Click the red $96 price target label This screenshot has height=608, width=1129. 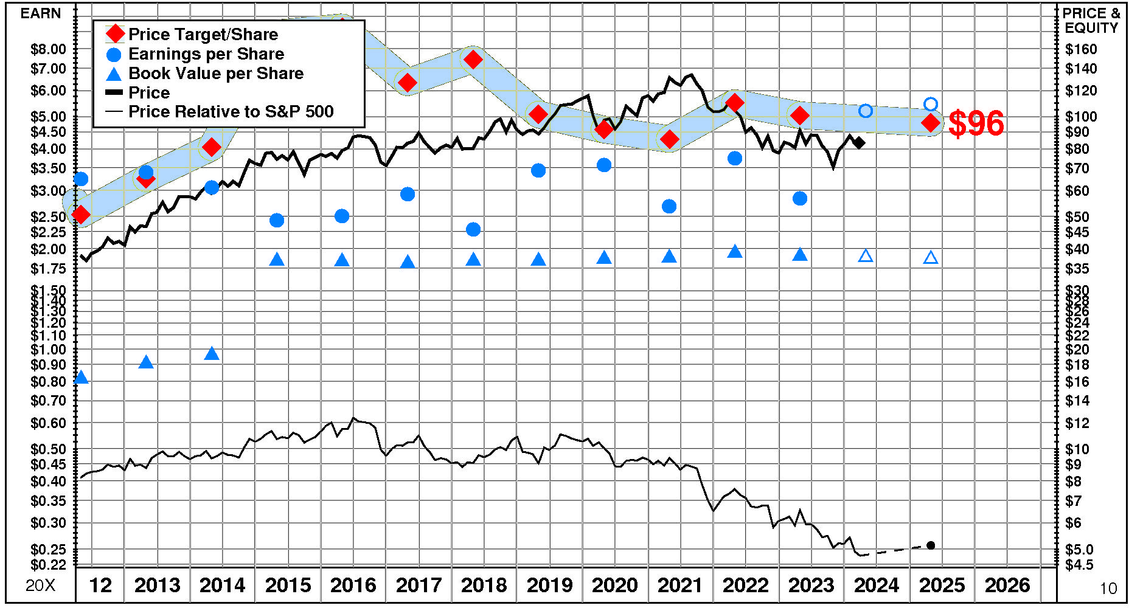click(x=976, y=123)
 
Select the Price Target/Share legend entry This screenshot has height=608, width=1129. click(x=203, y=35)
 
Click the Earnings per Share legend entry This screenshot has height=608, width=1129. click(x=206, y=54)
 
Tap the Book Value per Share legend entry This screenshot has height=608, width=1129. click(x=215, y=74)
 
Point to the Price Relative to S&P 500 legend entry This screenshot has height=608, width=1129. click(x=231, y=112)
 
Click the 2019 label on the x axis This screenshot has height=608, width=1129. click(x=549, y=586)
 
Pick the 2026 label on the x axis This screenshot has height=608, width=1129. click(x=1007, y=586)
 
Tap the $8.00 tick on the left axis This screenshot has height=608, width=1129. click(x=48, y=49)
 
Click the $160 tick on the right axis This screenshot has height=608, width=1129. click(x=1081, y=49)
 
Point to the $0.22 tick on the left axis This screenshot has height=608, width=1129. click(x=48, y=565)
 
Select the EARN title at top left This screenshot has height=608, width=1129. click(x=41, y=13)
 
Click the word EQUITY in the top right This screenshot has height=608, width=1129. click(x=1091, y=28)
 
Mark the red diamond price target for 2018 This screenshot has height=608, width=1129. click(x=473, y=60)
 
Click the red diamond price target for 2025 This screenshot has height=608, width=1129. click(x=930, y=123)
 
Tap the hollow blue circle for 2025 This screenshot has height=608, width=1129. click(x=930, y=104)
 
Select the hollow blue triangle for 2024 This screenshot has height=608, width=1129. click(x=866, y=256)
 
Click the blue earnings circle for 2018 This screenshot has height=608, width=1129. click(x=473, y=229)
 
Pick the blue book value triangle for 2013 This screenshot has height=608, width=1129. click(x=146, y=362)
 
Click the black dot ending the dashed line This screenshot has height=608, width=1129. click(x=930, y=545)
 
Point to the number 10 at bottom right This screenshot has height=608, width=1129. click(x=1108, y=589)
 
